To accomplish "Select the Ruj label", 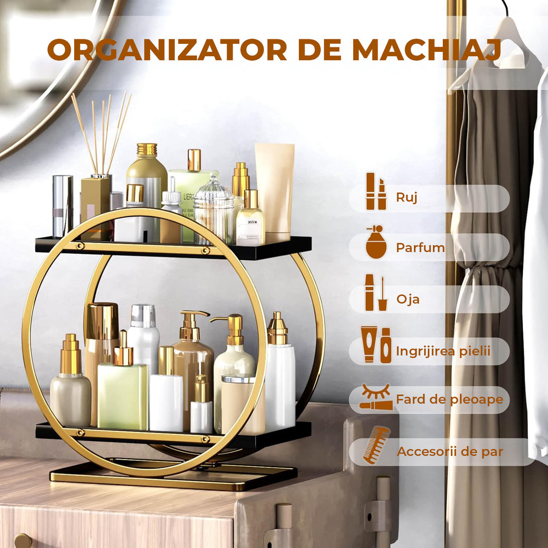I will [x=407, y=197].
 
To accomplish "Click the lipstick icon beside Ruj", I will [x=376, y=192].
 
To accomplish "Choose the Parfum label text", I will [x=420, y=248].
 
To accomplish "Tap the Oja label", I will [x=408, y=299].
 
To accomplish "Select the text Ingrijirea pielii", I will [x=443, y=351].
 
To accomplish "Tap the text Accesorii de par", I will [x=450, y=452].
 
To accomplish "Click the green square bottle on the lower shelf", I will [x=123, y=396].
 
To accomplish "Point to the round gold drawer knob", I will [x=22, y=541].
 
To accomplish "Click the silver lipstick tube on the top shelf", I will [x=62, y=205].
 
